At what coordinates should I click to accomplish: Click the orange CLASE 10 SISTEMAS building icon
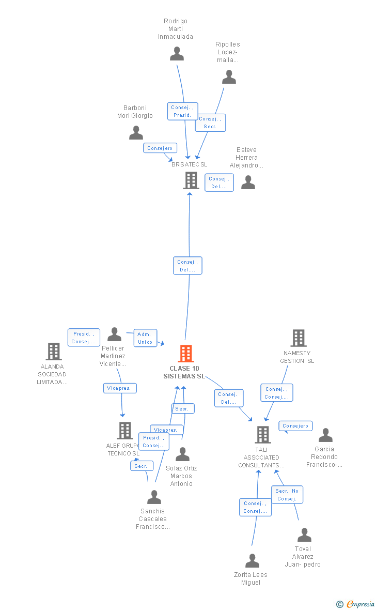[x=186, y=354]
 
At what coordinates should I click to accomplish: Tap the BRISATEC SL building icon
[x=191, y=180]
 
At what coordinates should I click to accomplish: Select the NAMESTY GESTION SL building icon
[x=298, y=338]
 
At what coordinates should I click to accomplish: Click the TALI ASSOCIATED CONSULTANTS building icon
[x=263, y=435]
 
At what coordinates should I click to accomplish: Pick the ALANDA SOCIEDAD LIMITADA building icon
[x=53, y=352]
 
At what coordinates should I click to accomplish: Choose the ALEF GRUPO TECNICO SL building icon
[x=124, y=431]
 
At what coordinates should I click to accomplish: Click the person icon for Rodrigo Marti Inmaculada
[x=177, y=54]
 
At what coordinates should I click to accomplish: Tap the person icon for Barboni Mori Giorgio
[x=136, y=133]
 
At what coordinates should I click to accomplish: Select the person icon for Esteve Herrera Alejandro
[x=248, y=182]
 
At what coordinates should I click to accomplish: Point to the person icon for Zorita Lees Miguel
[x=252, y=561]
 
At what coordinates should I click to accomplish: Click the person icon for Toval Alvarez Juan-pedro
[x=304, y=535]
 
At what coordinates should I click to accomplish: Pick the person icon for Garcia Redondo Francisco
[x=325, y=435]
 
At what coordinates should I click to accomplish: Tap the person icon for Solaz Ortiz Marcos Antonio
[x=182, y=454]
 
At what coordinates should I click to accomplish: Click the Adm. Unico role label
[x=145, y=338]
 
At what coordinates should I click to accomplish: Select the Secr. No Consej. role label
[x=287, y=495]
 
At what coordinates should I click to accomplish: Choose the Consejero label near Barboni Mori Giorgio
[x=160, y=148]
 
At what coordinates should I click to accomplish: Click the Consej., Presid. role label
[x=182, y=111]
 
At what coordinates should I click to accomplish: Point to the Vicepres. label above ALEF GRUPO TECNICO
[x=120, y=388]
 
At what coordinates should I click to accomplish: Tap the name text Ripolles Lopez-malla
[x=228, y=52]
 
